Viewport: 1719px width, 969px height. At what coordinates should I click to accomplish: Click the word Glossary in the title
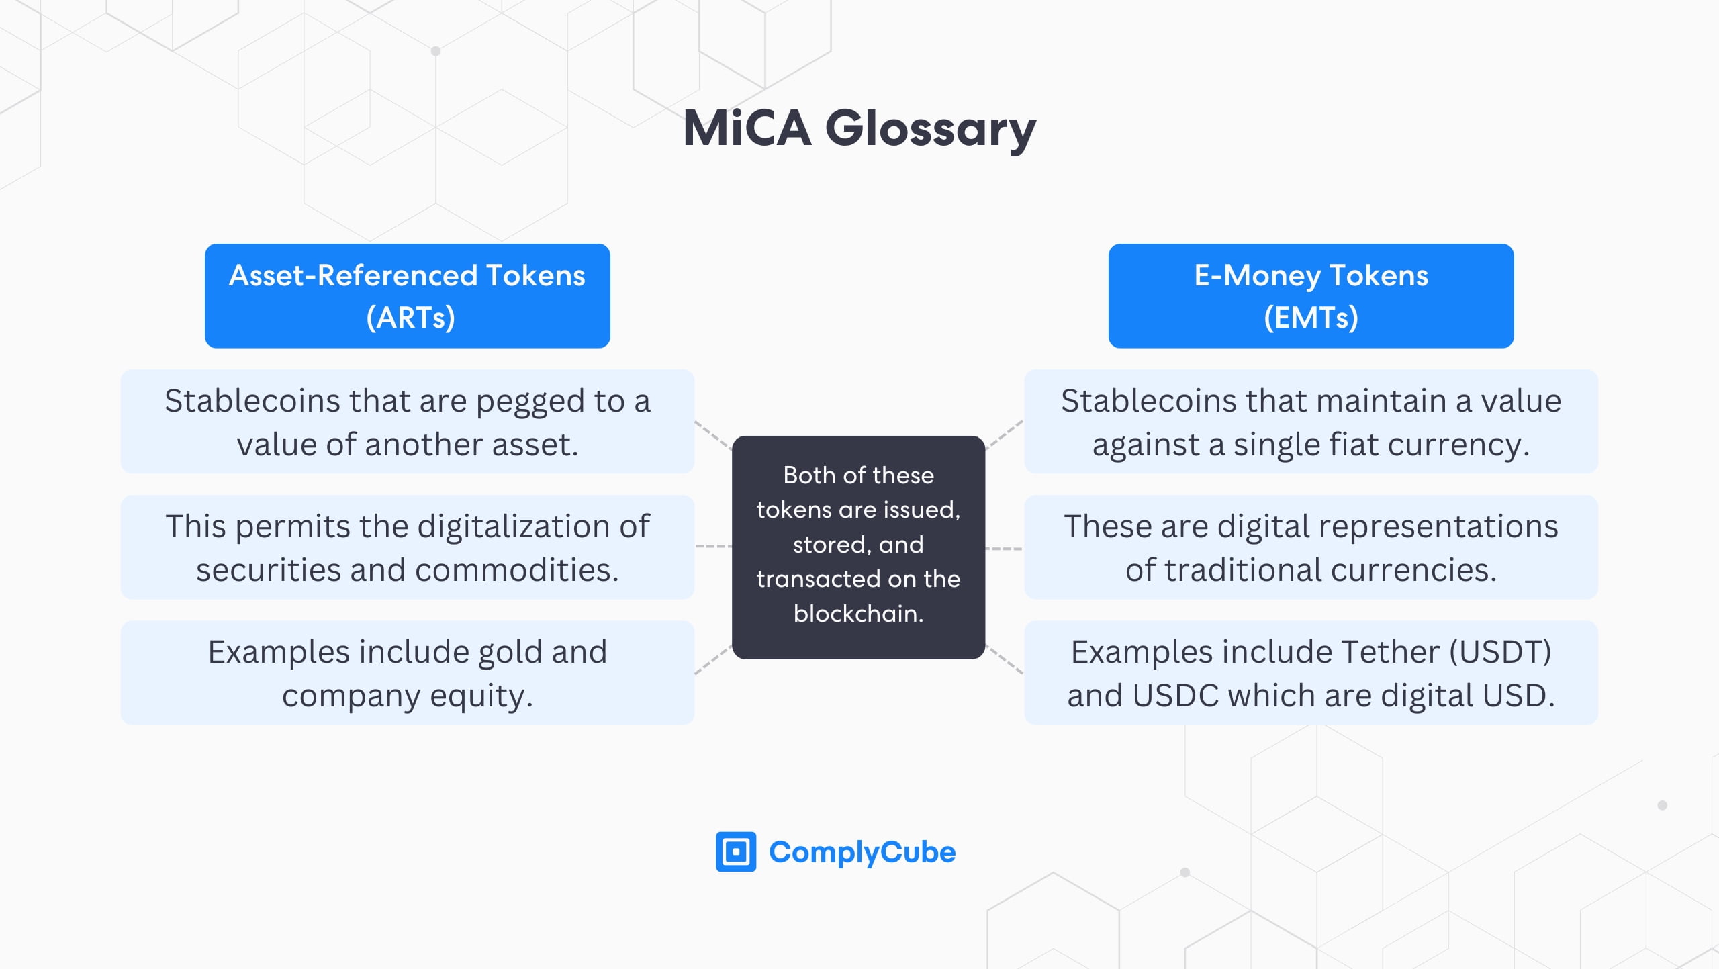click(x=930, y=129)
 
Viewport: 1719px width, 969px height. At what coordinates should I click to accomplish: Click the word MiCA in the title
click(x=747, y=129)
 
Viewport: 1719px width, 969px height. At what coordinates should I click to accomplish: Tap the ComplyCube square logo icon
click(x=735, y=851)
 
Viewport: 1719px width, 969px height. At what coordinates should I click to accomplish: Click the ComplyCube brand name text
click(x=862, y=852)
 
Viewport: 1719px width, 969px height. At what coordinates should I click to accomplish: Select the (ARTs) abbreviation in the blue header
click(x=410, y=317)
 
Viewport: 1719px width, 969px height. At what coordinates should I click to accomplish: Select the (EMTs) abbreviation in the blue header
click(x=1311, y=317)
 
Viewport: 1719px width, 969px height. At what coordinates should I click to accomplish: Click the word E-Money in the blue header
click(x=1257, y=275)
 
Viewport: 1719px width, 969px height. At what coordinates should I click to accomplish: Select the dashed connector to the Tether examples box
click(x=1005, y=659)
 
